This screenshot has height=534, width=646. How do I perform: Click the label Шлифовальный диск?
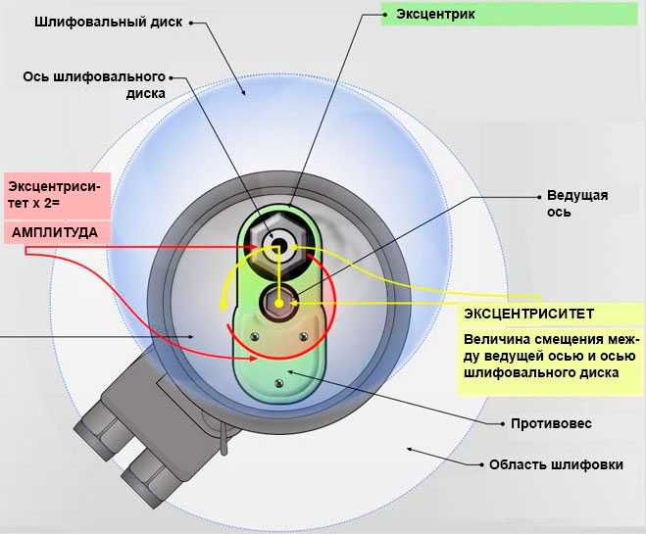109,22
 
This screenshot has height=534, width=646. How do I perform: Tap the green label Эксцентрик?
435,14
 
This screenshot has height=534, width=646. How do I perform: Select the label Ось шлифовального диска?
94,85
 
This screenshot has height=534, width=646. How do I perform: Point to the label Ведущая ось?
577,203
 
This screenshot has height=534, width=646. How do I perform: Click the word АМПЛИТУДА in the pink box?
54,232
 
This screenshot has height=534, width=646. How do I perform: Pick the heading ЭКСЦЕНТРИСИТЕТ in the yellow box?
528,314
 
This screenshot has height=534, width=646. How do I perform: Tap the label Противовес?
551,423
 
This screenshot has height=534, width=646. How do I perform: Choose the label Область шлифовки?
556,464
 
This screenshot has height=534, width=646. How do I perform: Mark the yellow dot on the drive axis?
279,304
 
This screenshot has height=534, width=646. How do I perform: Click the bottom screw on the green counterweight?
279,383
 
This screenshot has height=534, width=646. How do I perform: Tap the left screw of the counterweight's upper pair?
254,337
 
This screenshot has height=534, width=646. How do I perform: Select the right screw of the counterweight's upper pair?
304,337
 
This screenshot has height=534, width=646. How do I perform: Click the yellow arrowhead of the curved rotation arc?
223,306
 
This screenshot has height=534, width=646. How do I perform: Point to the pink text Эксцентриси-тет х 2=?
54,195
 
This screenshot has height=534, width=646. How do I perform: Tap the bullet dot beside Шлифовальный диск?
191,24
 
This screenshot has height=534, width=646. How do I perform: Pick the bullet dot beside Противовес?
502,423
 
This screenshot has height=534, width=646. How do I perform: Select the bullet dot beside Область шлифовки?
481,464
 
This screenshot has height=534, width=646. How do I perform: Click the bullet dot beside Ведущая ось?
539,197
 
